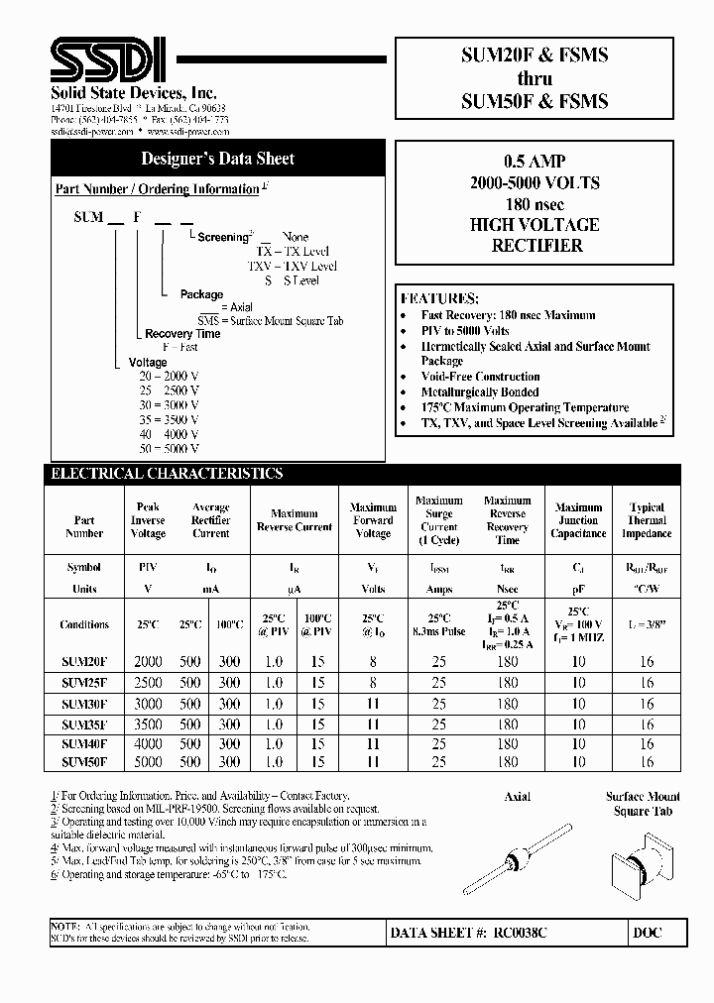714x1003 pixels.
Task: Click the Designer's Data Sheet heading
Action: click(217, 159)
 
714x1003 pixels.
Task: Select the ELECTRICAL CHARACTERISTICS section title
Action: click(167, 474)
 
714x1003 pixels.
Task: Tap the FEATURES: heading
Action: click(439, 298)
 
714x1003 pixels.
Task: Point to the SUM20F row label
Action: click(84, 661)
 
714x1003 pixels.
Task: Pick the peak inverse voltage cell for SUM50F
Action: click(148, 763)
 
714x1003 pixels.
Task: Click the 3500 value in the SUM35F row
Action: click(148, 724)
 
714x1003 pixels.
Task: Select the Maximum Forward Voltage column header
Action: click(373, 520)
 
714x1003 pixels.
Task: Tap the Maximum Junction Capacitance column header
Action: click(578, 520)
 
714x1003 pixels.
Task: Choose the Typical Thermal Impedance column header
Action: click(647, 520)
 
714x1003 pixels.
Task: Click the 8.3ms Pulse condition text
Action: click(438, 631)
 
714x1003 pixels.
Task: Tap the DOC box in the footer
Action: click(646, 933)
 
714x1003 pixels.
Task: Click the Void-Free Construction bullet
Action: click(480, 377)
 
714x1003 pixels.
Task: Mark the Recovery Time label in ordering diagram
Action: click(182, 334)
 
